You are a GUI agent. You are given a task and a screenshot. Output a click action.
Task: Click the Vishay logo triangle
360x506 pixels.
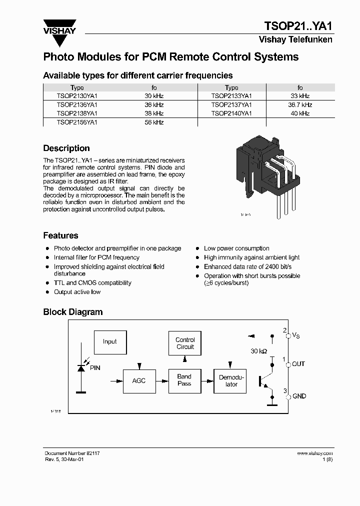(59, 25)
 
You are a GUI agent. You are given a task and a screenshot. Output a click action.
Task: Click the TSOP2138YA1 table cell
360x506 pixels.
(77, 113)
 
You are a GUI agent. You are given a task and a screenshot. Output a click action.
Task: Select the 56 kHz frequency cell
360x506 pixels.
(154, 122)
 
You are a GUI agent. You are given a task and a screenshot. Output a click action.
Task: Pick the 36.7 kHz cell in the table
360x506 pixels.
(300, 105)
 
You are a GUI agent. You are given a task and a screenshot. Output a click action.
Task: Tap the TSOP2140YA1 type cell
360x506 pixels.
(231, 113)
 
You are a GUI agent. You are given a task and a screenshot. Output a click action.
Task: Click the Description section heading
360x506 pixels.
(66, 148)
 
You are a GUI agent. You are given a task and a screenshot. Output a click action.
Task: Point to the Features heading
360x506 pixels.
(60, 235)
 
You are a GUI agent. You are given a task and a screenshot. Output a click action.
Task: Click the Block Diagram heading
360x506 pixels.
(73, 312)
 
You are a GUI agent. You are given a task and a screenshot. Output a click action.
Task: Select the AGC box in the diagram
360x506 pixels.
(139, 381)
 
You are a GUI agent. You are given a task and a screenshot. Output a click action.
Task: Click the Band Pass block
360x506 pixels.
(184, 380)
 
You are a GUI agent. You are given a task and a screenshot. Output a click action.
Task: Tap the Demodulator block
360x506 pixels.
(231, 381)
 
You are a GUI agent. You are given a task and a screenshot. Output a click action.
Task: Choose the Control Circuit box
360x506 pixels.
(185, 343)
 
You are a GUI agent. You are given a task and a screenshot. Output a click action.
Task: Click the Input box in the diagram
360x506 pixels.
(110, 342)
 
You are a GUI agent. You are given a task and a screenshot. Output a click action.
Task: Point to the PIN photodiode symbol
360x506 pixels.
(80, 367)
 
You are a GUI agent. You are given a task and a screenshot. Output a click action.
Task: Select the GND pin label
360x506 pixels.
(299, 396)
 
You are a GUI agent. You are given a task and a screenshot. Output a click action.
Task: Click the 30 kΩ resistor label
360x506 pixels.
(259, 351)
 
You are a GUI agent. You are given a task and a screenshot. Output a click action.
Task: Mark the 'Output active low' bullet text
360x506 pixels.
(77, 292)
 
